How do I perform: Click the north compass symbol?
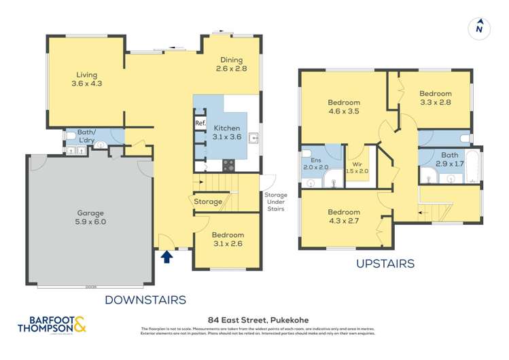tap(480, 28)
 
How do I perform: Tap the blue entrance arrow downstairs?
tap(167, 256)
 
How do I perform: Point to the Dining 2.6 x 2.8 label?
tap(230, 65)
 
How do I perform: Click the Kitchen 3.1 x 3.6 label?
tap(228, 132)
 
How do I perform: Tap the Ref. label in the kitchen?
tap(200, 123)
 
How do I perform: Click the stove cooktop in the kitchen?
tap(228, 165)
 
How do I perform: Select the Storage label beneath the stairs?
tap(208, 202)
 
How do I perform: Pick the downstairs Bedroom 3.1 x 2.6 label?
tap(227, 239)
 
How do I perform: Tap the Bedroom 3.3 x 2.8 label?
tap(435, 98)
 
